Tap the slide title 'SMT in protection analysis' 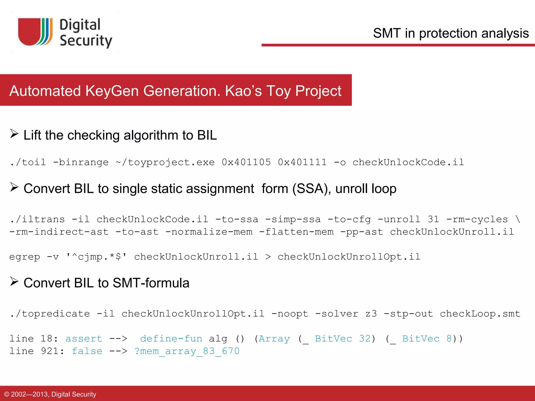point(451,33)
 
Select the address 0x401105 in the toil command point(246,162)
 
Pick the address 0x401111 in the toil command point(302,162)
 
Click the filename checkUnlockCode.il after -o point(408,162)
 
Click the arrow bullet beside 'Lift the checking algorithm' point(14,134)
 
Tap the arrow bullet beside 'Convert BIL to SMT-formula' point(14,281)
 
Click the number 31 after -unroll point(433,219)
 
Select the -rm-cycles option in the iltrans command point(477,219)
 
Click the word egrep point(25,257)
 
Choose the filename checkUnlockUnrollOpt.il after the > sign point(349,257)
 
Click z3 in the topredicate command point(371,314)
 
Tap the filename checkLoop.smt point(480,314)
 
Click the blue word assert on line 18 point(84,339)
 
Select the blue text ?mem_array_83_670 point(187,351)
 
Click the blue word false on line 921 point(87,351)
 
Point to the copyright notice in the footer point(50,394)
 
